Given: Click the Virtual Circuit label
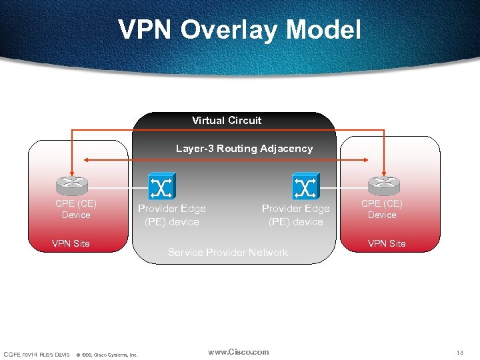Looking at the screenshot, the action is tap(227, 121).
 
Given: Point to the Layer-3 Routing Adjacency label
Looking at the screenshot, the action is tap(244, 149).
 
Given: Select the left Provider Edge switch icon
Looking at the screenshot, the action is tap(161, 186).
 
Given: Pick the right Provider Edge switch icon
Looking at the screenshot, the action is tap(305, 186).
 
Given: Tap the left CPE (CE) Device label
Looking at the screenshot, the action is tap(76, 209).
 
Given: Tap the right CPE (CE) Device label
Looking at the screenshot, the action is tap(382, 209).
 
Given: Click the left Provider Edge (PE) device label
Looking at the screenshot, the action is tap(171, 215).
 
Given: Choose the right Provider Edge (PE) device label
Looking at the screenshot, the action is tap(295, 215).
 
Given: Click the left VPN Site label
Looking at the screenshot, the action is tap(71, 243).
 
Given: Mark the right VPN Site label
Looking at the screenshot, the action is tap(387, 243).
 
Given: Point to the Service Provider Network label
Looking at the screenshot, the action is tap(228, 253).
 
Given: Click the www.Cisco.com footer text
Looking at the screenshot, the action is tap(238, 352).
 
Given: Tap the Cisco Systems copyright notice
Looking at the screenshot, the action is tap(107, 354).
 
